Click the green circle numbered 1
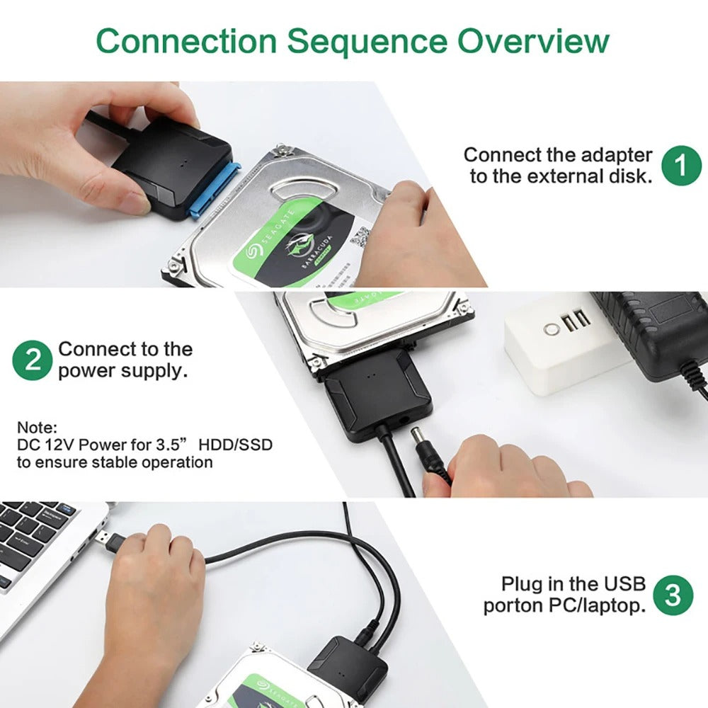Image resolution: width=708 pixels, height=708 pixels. tap(681, 166)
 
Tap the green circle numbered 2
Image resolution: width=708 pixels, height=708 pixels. tap(33, 360)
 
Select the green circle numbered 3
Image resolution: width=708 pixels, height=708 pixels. tap(673, 595)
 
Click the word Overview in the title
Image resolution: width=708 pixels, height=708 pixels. tap(532, 41)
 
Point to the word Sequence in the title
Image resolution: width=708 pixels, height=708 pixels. tap(367, 42)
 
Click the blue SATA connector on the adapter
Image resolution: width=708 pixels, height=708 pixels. tap(215, 191)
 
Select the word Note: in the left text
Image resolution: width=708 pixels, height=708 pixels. tap(37, 428)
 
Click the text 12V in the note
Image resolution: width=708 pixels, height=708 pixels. tap(60, 445)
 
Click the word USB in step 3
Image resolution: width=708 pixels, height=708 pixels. tap(624, 584)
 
